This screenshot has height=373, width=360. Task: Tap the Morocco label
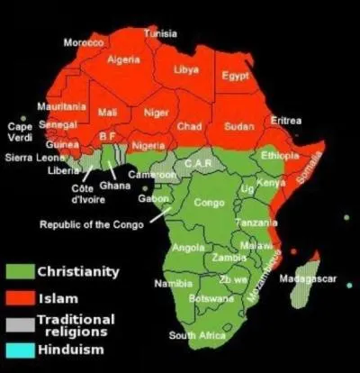83,43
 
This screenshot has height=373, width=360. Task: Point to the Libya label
187,69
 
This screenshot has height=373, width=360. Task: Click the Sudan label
239,125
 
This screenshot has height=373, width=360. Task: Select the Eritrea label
286,121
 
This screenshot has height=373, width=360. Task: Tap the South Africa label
195,336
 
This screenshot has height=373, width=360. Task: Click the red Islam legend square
19,297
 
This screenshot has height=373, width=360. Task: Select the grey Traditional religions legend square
19,324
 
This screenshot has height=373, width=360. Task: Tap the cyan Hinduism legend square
19,350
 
